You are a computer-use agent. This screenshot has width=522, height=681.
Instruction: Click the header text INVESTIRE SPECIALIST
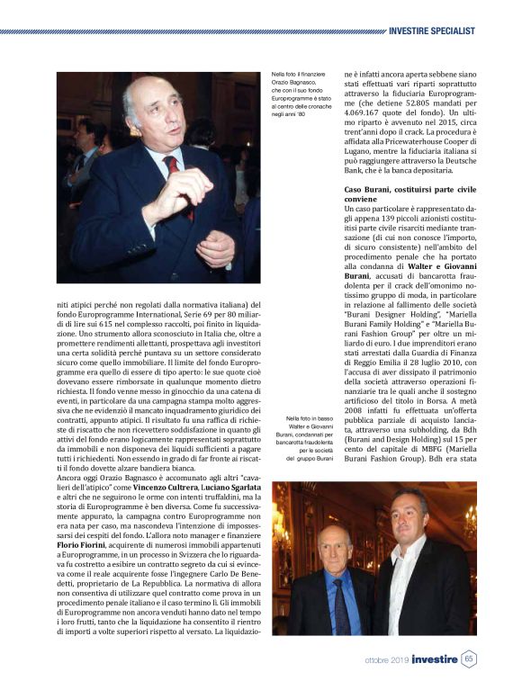click(x=431, y=31)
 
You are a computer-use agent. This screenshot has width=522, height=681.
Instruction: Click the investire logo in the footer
click(x=431, y=659)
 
